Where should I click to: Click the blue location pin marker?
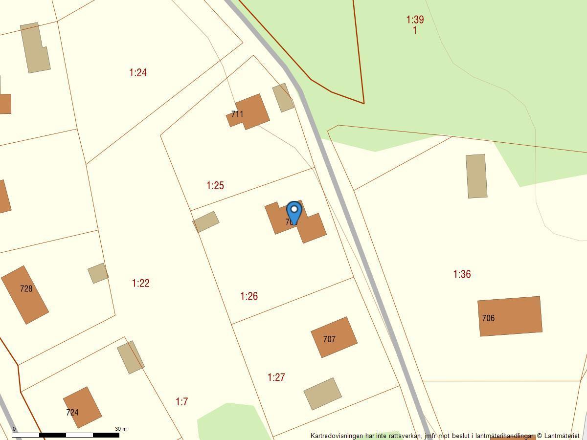coord(294,213)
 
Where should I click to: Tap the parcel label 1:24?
coord(138,73)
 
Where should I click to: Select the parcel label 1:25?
coord(215,186)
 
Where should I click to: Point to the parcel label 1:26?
coord(249,296)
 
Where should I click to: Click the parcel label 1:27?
coord(276,377)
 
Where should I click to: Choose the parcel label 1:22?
coord(141,284)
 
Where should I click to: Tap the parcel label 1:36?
coord(462,274)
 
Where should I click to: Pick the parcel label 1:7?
coord(181,402)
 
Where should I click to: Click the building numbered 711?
coord(249,112)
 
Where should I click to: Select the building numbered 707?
coord(334,337)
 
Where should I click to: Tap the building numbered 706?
coord(510,316)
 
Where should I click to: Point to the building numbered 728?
coord(25,294)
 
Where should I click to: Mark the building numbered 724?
coord(82,407)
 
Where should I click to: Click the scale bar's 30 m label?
coord(121,429)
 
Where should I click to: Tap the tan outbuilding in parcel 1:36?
coord(476,176)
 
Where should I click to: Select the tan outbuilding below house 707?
coord(322,394)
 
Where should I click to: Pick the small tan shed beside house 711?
coord(283,97)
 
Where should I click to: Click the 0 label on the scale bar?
coord(14,429)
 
